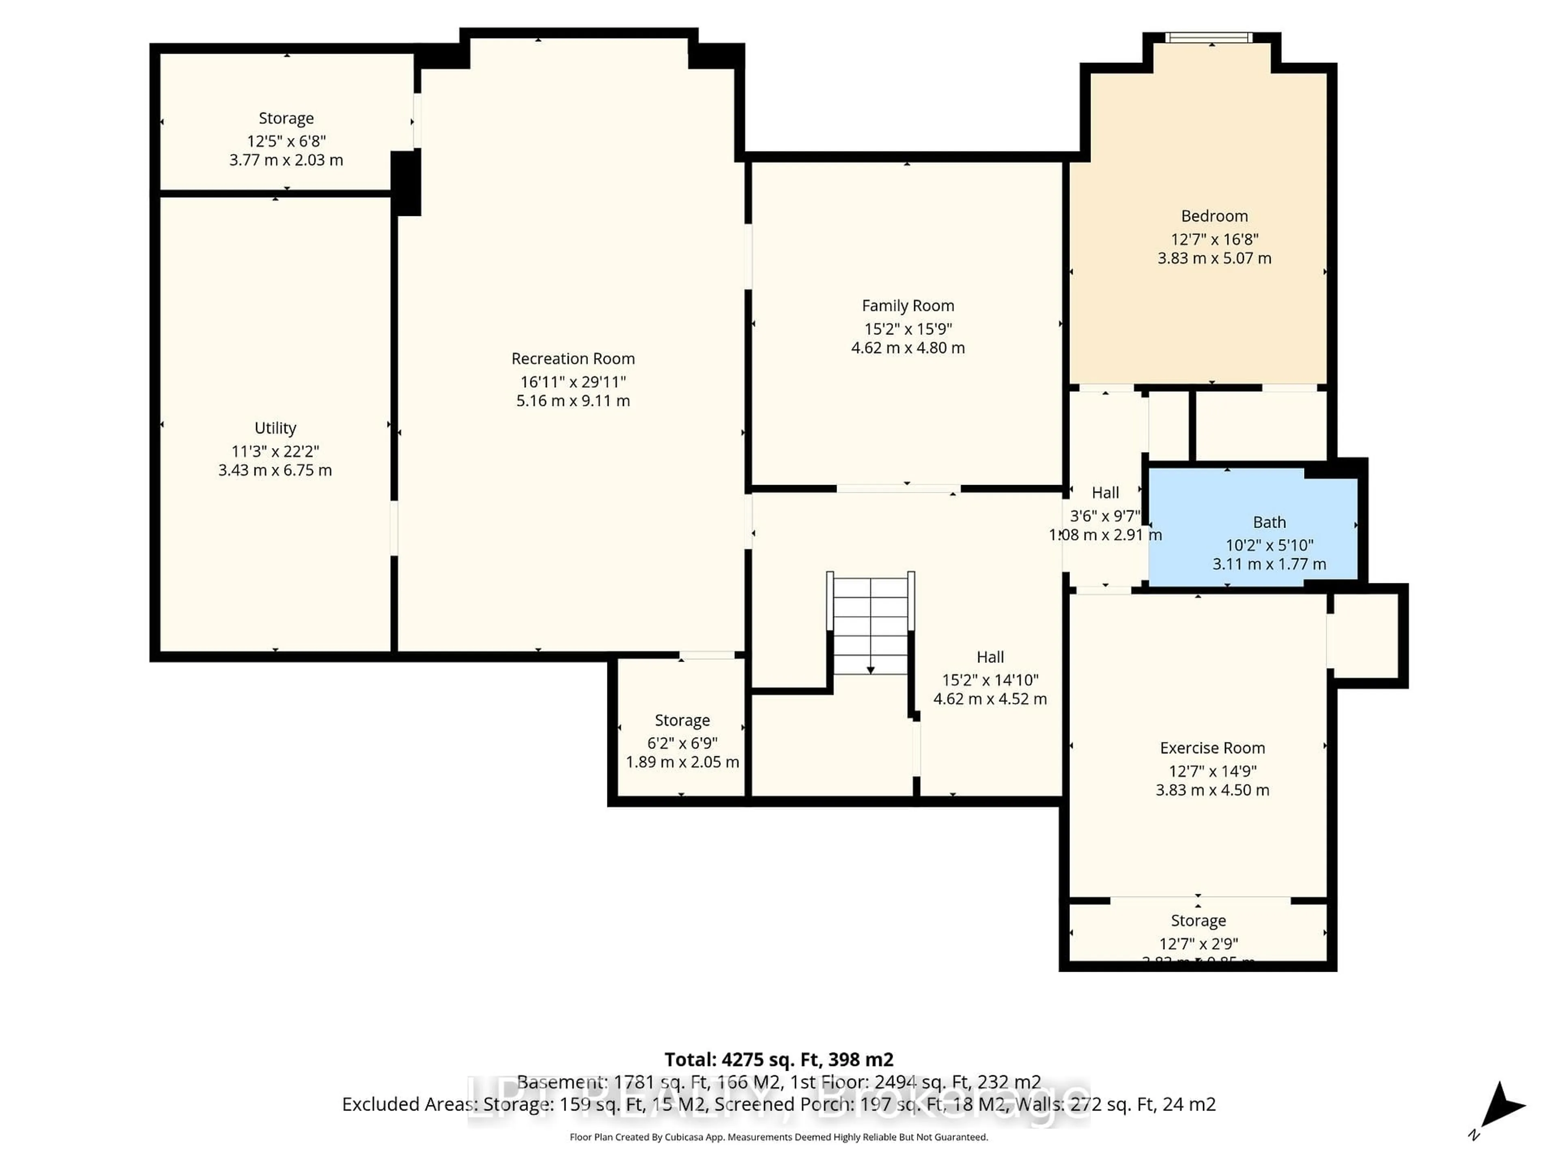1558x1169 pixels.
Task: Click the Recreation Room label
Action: [572, 359]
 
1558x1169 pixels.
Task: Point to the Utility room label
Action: [275, 428]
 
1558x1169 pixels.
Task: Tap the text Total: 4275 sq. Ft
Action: [778, 1060]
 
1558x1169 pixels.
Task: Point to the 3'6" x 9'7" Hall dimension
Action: [1104, 516]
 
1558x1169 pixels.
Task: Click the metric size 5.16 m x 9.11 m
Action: [572, 401]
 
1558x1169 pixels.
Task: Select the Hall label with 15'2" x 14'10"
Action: [990, 658]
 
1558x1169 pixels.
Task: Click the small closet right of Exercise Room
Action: [1364, 636]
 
